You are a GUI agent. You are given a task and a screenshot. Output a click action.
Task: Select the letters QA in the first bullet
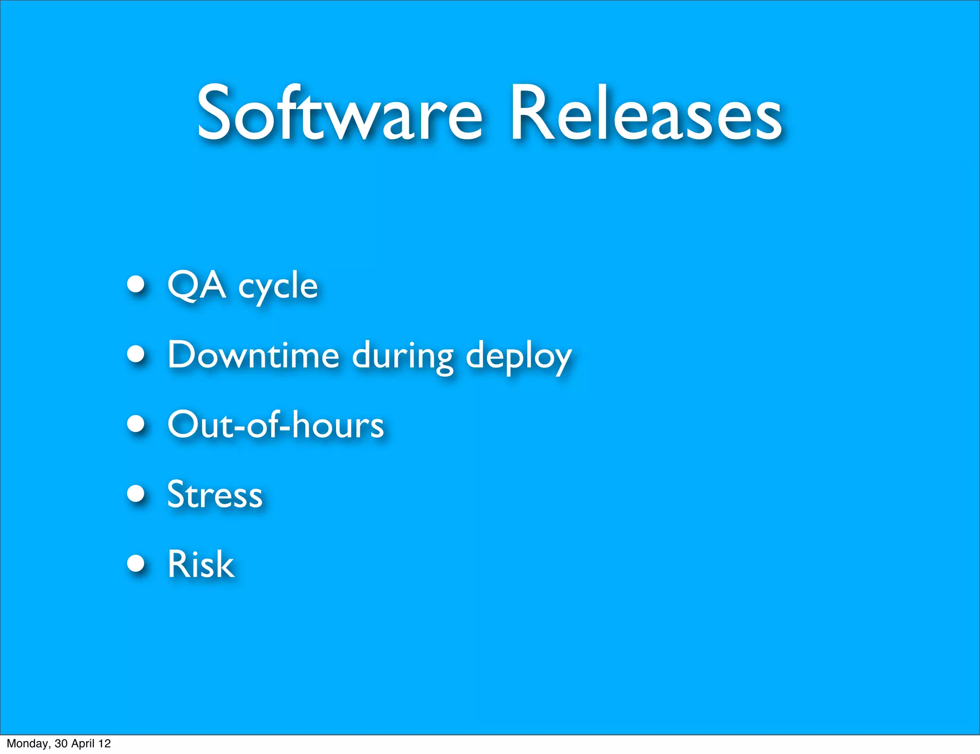click(x=196, y=285)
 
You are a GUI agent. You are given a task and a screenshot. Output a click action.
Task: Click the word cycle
click(x=278, y=287)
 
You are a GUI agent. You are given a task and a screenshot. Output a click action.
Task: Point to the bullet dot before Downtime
click(x=136, y=354)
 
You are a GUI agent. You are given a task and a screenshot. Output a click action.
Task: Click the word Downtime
click(x=253, y=355)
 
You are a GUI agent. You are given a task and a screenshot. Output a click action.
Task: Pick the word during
click(x=403, y=356)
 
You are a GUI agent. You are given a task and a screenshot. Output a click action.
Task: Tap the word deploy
click(x=519, y=357)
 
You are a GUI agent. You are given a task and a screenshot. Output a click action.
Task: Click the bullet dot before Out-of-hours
click(x=136, y=424)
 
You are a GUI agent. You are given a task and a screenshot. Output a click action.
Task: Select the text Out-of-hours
click(x=276, y=424)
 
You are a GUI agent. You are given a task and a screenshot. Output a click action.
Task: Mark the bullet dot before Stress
click(x=136, y=493)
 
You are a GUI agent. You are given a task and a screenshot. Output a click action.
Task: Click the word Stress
click(x=215, y=494)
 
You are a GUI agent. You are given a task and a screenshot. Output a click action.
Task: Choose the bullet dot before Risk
click(x=136, y=563)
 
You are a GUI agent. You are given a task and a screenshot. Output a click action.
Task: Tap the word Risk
click(x=200, y=564)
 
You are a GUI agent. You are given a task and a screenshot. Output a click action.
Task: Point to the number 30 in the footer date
click(x=61, y=743)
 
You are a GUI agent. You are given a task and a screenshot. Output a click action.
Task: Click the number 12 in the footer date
click(x=105, y=743)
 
